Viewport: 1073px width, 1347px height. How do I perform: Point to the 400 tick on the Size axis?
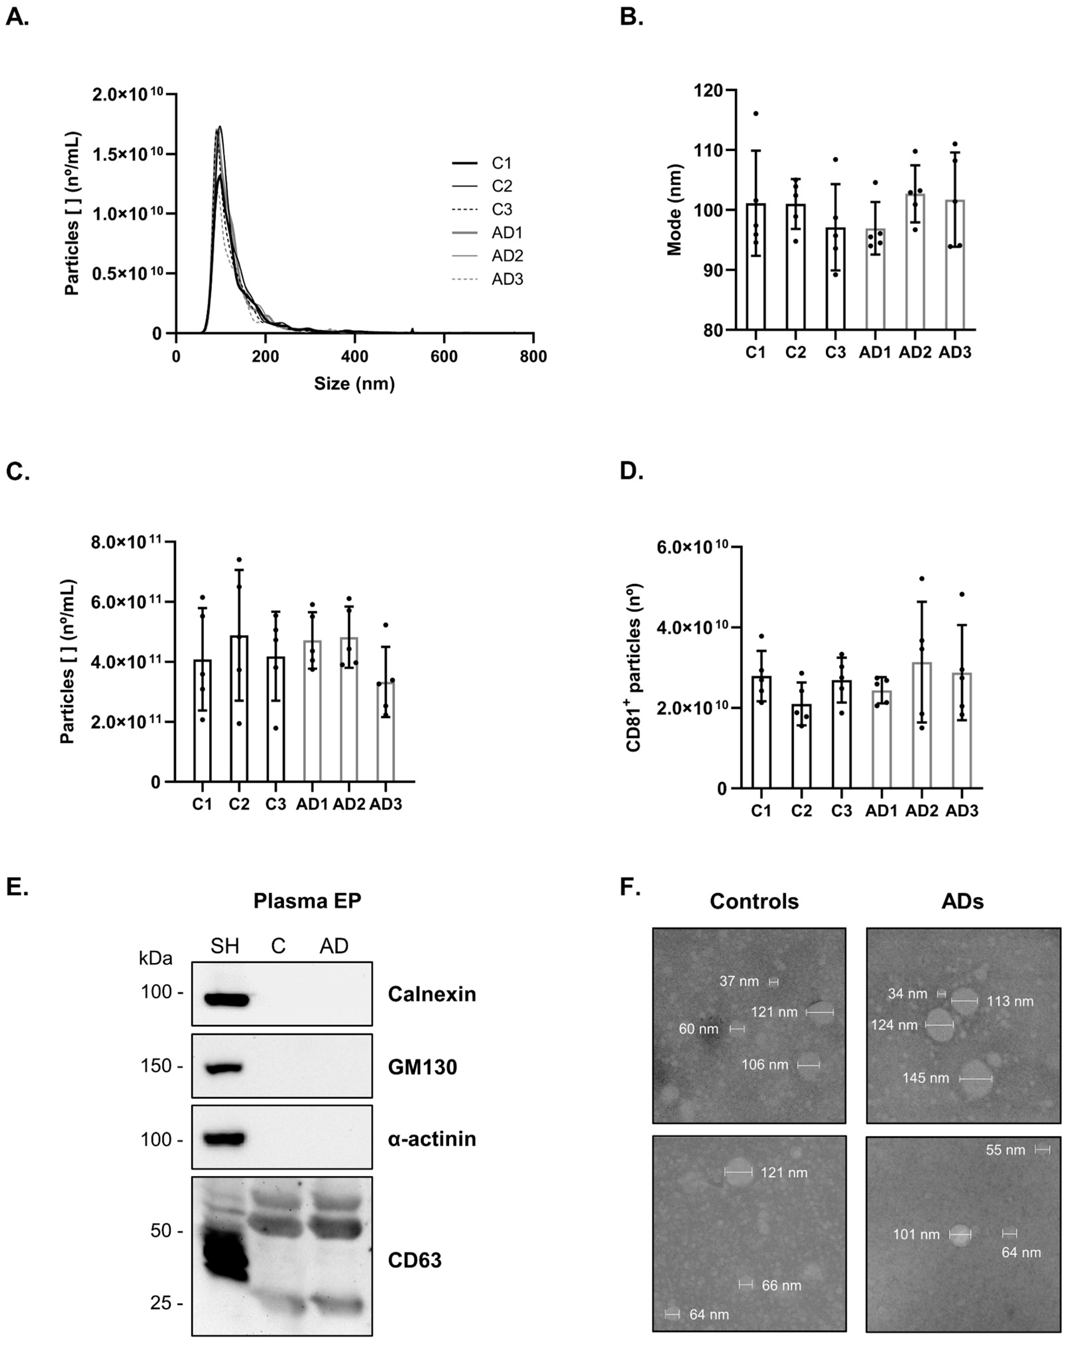click(x=354, y=356)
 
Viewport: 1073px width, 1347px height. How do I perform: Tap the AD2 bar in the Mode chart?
click(x=915, y=262)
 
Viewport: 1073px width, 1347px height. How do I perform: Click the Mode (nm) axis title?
click(x=674, y=210)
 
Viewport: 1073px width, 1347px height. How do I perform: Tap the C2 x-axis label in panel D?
click(x=801, y=811)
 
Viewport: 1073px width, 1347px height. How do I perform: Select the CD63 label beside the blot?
click(x=414, y=1260)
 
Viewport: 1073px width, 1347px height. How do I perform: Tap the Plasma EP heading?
click(x=307, y=901)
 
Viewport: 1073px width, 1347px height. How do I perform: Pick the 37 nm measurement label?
click(x=739, y=982)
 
